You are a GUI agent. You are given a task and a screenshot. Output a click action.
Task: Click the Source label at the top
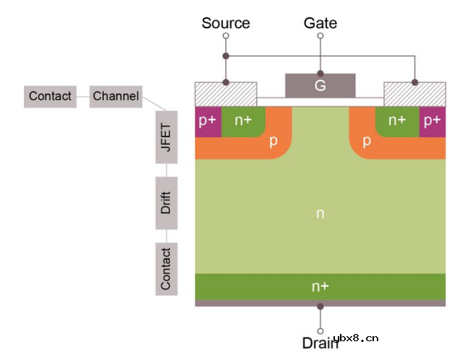[225, 22]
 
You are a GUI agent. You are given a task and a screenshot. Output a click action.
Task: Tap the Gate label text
[320, 22]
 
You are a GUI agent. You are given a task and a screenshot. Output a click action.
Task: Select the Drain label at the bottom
[320, 344]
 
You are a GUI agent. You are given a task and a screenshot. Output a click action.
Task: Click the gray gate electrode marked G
[320, 85]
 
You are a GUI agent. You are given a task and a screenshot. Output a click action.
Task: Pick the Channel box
[115, 96]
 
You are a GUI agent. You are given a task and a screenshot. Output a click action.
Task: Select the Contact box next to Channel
[50, 96]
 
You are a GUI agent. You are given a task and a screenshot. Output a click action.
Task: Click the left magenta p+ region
[207, 120]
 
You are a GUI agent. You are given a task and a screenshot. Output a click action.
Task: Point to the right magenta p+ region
[432, 120]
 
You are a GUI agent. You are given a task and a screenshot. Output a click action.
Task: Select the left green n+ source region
[243, 120]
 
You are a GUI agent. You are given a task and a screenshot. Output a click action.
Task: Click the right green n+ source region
[397, 120]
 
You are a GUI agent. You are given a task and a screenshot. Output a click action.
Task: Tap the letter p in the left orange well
[274, 141]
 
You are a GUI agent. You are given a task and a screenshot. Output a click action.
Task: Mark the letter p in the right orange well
[367, 141]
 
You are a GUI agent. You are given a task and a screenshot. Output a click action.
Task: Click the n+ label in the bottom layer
[320, 286]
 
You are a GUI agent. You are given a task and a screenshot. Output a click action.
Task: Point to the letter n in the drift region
[320, 213]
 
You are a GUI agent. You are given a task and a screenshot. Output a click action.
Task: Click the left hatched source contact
[226, 93]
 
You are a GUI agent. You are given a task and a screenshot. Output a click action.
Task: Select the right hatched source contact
[414, 93]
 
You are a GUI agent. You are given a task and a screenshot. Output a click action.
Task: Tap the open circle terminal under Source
[226, 35]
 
